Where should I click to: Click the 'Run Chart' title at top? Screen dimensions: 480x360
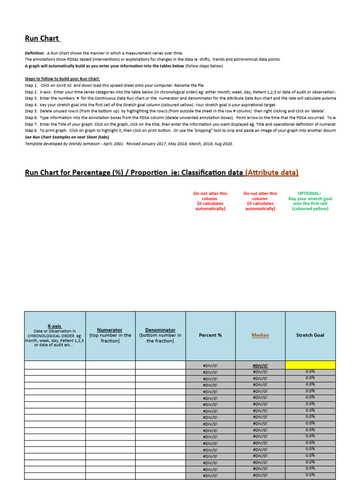pos(42,38)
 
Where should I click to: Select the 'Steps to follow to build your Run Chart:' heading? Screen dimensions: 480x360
pos(62,79)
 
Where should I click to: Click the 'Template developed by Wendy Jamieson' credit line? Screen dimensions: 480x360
pos(128,144)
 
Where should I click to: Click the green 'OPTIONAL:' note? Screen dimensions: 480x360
pos(310,193)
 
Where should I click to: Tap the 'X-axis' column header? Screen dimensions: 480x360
pos(55,326)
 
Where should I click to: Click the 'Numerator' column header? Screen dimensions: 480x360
pos(110,330)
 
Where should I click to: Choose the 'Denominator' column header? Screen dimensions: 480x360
pos(160,330)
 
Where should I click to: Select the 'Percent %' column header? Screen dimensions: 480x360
pos(210,335)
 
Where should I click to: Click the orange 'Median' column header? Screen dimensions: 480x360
pos(260,335)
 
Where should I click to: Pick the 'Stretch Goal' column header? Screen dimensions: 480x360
pos(310,335)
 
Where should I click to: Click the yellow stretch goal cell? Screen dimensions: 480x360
pos(310,365)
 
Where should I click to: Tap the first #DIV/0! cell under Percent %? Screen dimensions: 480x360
pos(210,365)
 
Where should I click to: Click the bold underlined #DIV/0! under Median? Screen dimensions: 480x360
pos(260,365)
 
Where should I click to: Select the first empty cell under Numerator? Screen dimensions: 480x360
pos(110,365)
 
